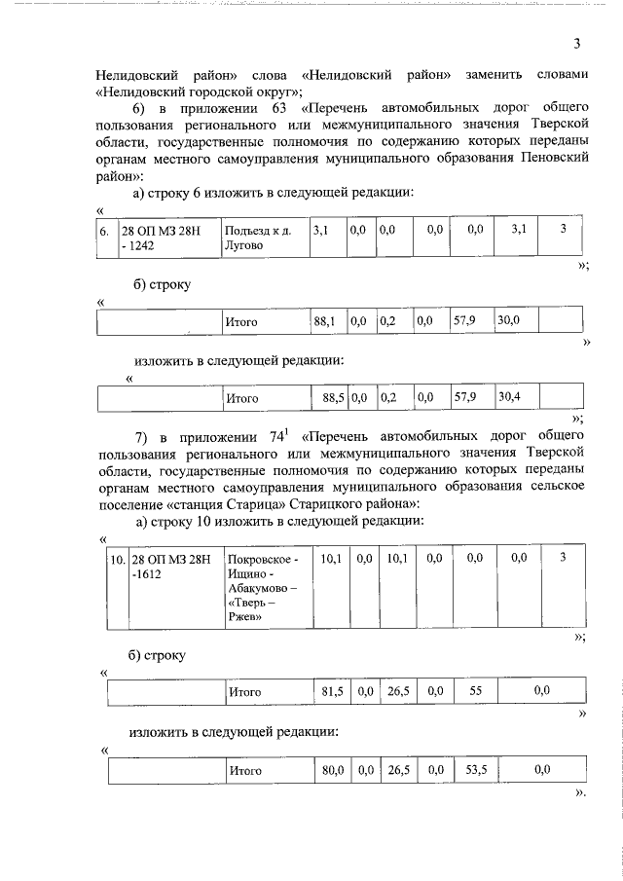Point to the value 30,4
click(x=508, y=397)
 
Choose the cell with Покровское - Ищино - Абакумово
click(x=263, y=590)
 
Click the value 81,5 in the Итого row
click(x=333, y=691)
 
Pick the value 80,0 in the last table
click(x=334, y=770)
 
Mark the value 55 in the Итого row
click(x=476, y=691)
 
